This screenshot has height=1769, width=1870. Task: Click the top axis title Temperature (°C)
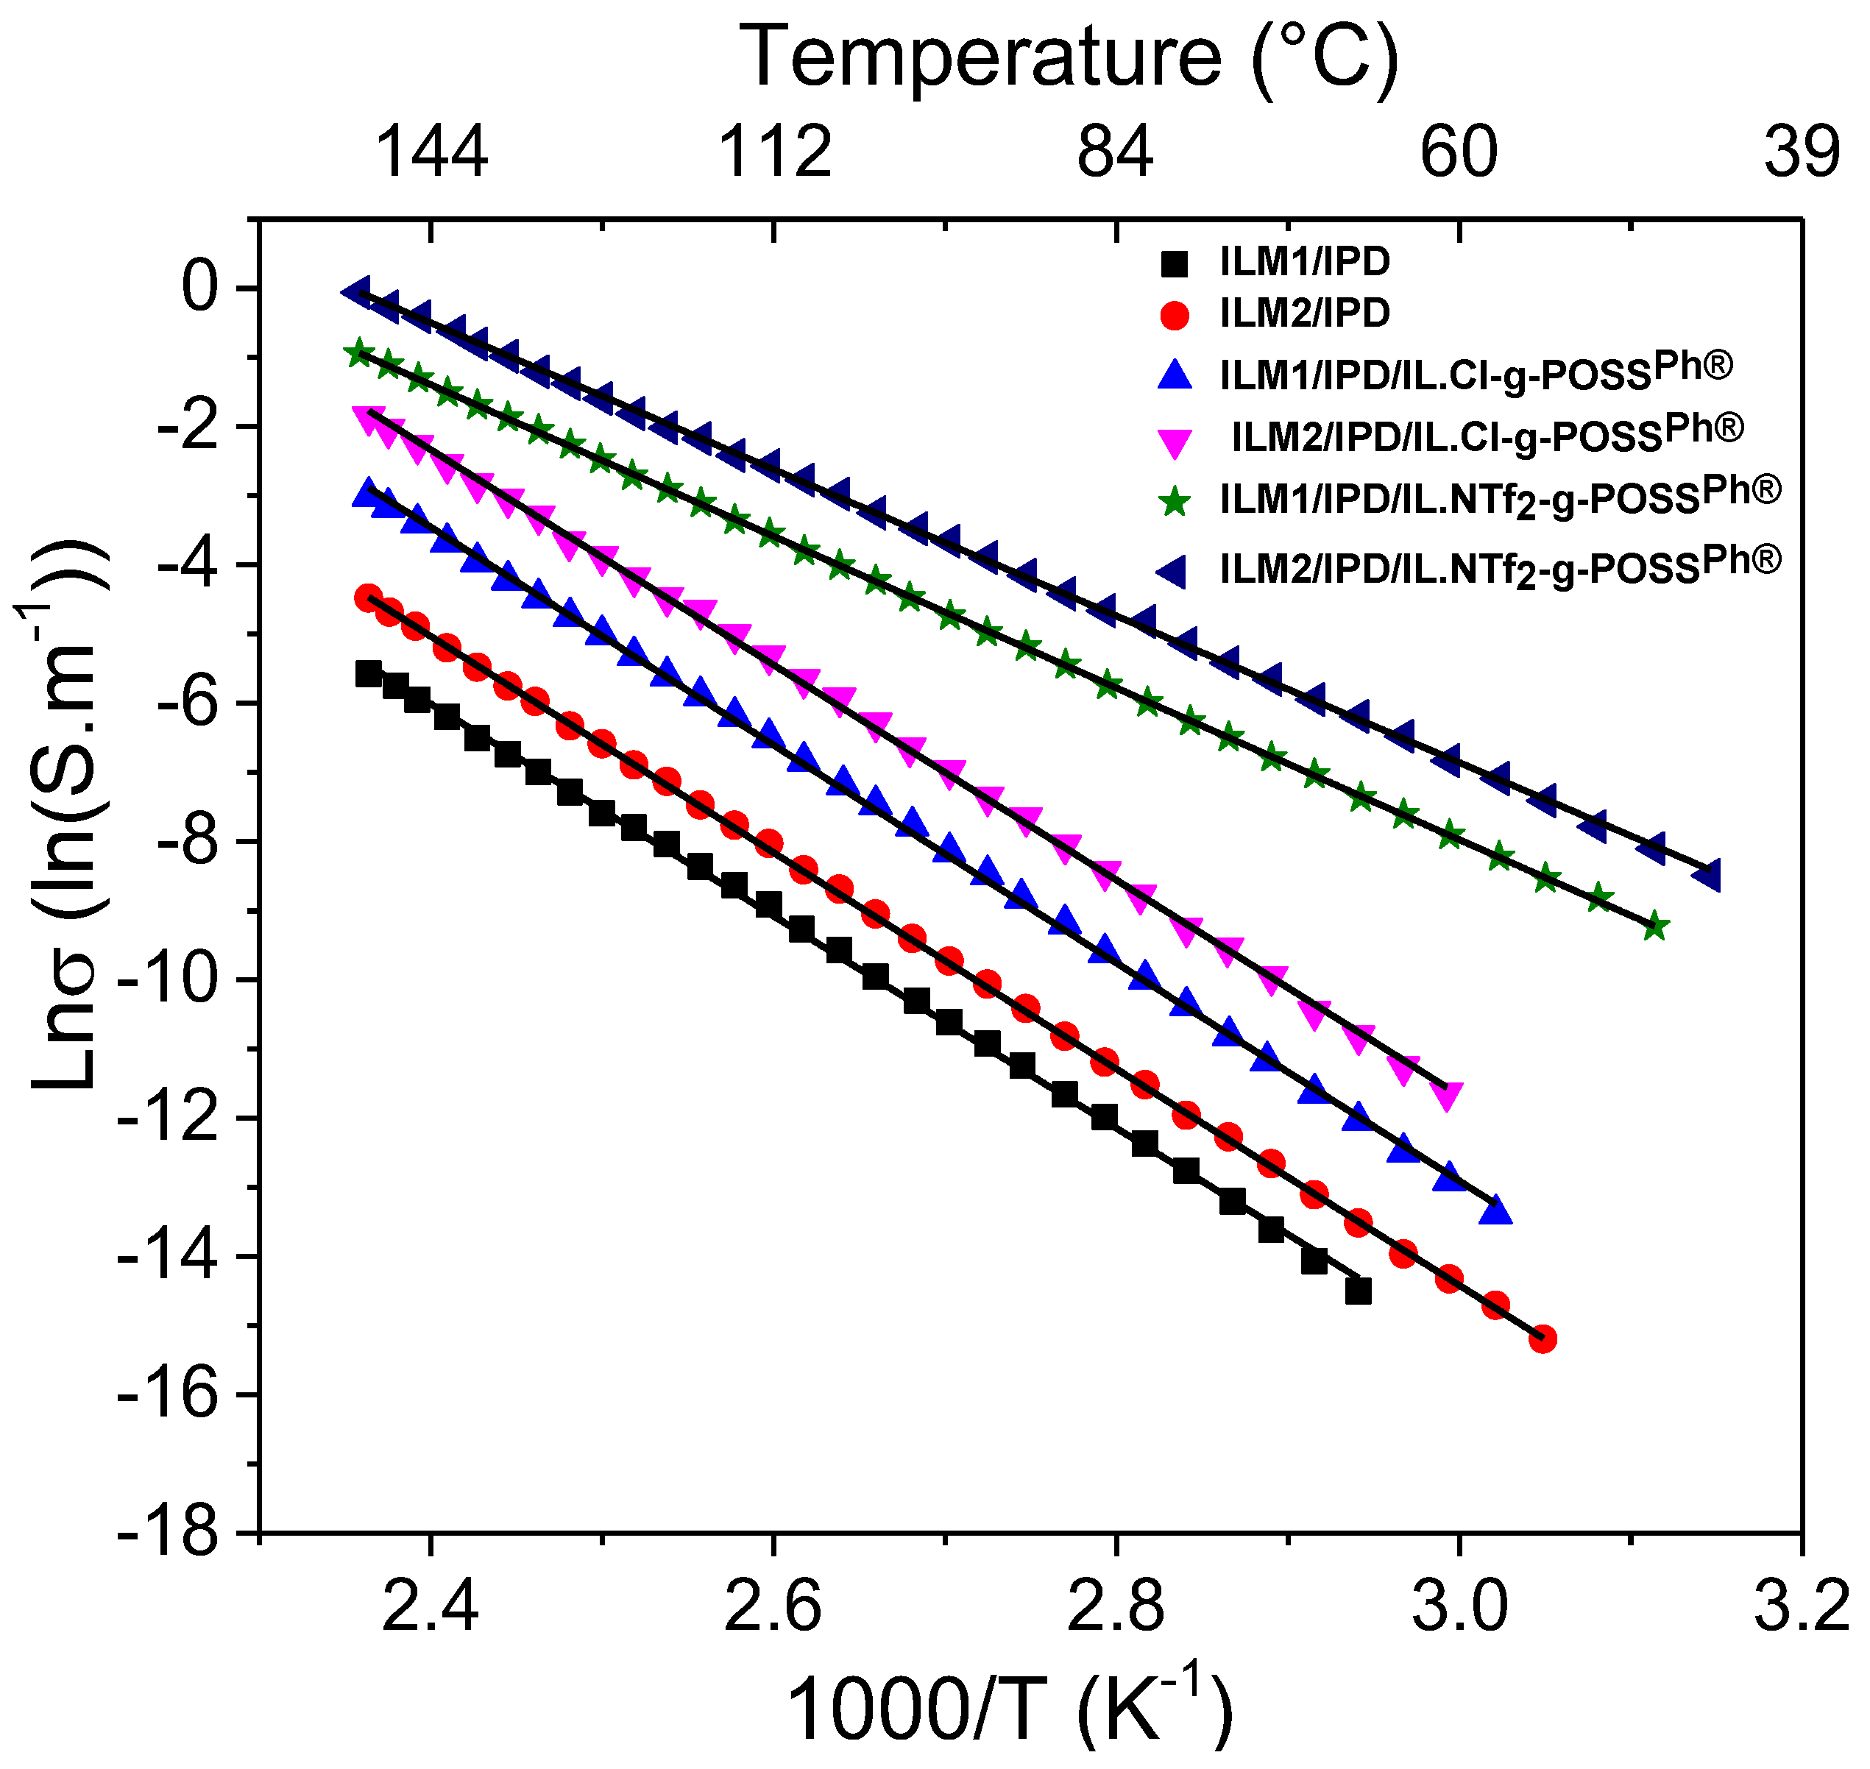coord(1069,58)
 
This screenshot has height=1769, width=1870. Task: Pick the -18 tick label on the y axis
coord(179,1532)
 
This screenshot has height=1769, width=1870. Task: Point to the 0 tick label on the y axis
coord(201,288)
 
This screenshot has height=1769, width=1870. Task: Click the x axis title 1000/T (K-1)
coord(1009,1709)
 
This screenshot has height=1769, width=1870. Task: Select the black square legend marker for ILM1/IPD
coord(1174,263)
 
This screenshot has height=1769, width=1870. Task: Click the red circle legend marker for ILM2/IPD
coord(1174,314)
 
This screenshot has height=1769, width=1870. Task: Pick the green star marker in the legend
coord(1174,503)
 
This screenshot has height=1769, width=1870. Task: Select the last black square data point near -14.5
coord(1359,1291)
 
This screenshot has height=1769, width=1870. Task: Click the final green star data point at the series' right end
coord(1656,928)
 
